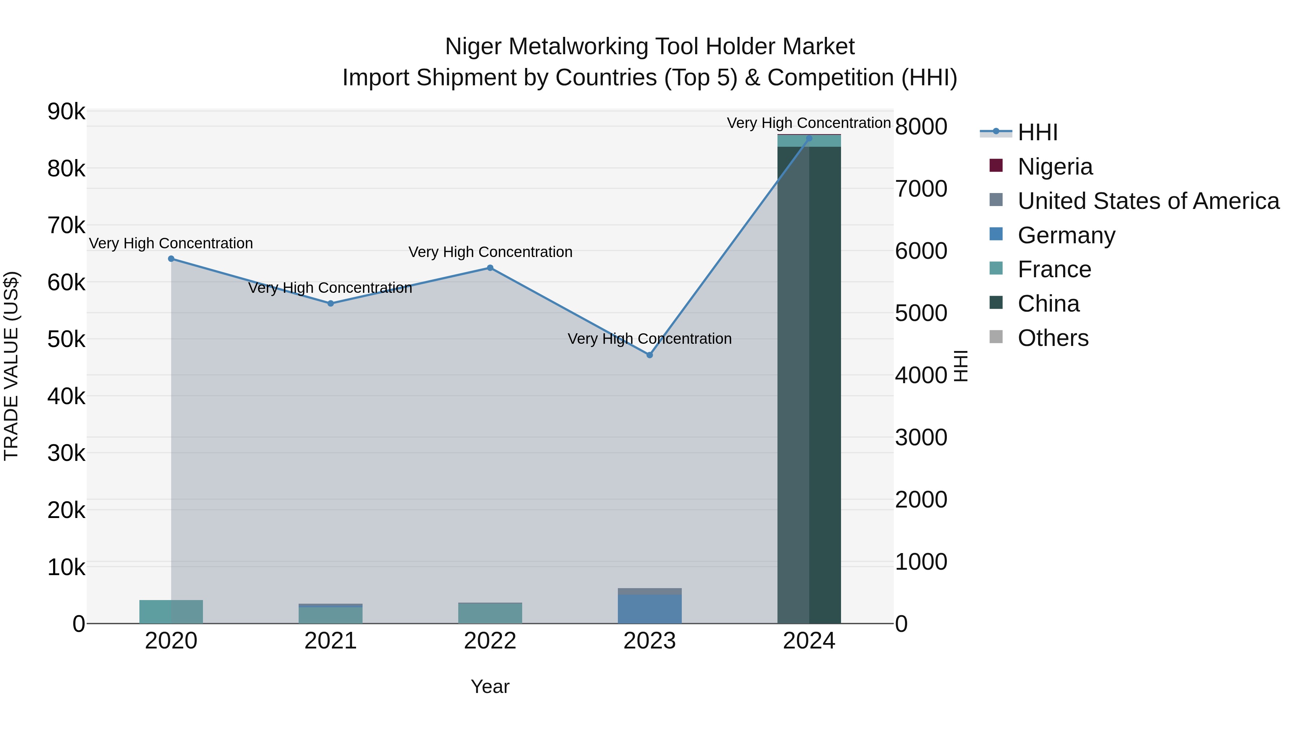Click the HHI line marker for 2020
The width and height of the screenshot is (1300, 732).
pyautogui.click(x=171, y=259)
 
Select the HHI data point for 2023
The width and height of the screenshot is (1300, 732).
pyautogui.click(x=650, y=355)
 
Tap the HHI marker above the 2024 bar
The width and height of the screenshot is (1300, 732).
pyautogui.click(x=809, y=138)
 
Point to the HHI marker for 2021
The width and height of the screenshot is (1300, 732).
pyautogui.click(x=330, y=304)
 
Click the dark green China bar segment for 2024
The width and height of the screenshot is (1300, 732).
pyautogui.click(x=809, y=384)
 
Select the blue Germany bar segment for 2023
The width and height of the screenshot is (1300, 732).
pyautogui.click(x=650, y=609)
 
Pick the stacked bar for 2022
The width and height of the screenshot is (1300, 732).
pyautogui.click(x=490, y=613)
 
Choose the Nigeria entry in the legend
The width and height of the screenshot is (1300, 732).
pyautogui.click(x=1055, y=167)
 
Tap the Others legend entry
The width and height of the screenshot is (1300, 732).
pyautogui.click(x=1053, y=338)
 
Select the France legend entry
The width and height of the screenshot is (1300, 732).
pyautogui.click(x=1054, y=269)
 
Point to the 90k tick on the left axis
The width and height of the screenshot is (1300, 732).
pyautogui.click(x=66, y=112)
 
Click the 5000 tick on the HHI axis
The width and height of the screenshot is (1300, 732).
pyautogui.click(x=921, y=313)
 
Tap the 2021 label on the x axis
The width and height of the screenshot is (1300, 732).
pyautogui.click(x=330, y=641)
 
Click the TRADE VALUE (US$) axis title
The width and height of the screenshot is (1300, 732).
pyautogui.click(x=12, y=366)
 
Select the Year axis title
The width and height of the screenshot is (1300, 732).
pyautogui.click(x=490, y=686)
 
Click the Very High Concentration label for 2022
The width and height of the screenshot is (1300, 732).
pyautogui.click(x=490, y=252)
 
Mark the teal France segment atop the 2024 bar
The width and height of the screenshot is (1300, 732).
pyautogui.click(x=809, y=141)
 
